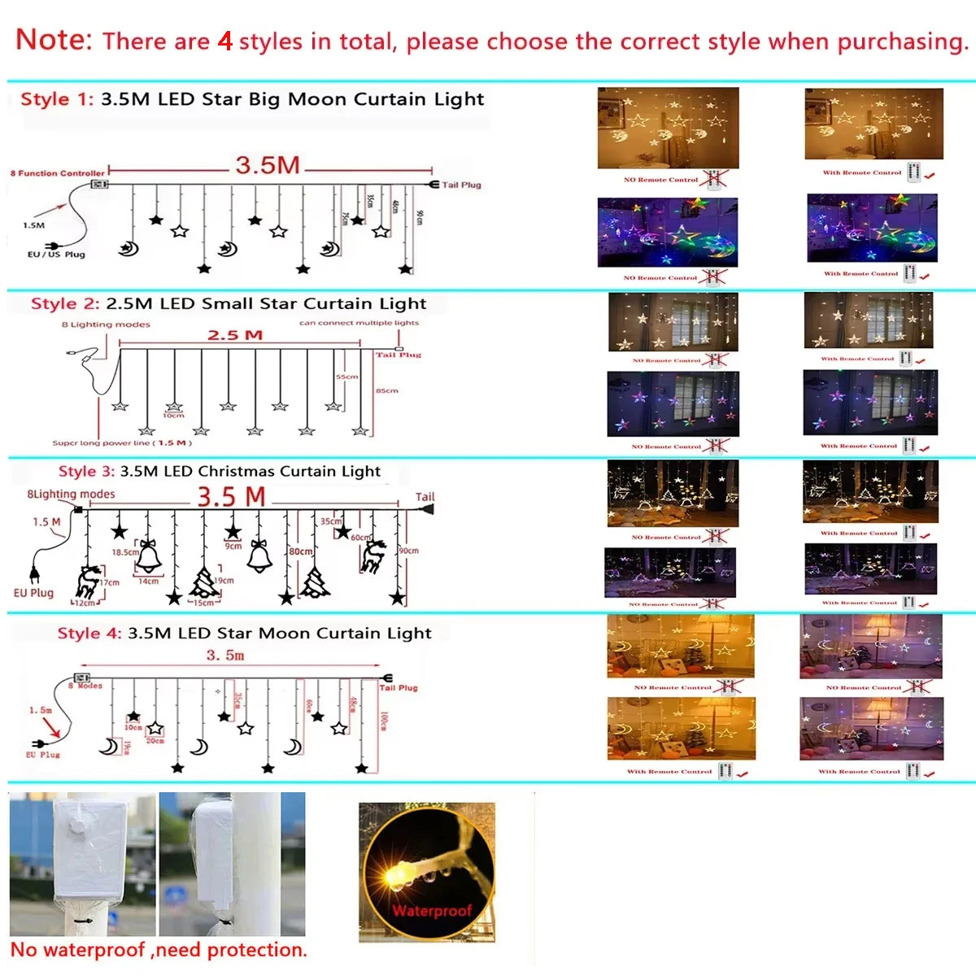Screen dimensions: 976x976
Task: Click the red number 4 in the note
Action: [225, 41]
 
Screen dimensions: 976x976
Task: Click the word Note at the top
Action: [54, 39]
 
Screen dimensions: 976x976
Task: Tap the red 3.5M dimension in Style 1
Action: [268, 165]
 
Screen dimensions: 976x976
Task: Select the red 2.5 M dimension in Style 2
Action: [235, 335]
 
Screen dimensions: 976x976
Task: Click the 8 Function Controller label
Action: [58, 173]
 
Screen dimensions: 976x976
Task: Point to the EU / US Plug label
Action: [56, 255]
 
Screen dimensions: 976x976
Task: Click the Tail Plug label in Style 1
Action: [461, 185]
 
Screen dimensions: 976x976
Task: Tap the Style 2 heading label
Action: [65, 304]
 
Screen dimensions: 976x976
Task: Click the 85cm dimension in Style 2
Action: [387, 391]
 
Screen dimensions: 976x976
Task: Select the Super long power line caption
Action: [122, 443]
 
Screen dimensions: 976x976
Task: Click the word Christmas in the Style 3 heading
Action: [239, 472]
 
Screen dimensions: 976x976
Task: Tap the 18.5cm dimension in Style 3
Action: [125, 552]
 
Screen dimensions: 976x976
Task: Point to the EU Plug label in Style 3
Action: [33, 593]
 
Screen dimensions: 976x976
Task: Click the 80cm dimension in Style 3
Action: [301, 551]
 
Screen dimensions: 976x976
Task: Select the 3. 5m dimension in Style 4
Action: [225, 656]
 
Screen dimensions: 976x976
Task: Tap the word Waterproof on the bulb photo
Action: [432, 911]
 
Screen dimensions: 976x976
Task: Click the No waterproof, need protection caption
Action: [159, 950]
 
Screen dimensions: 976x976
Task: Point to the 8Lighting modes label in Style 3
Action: [71, 495]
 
